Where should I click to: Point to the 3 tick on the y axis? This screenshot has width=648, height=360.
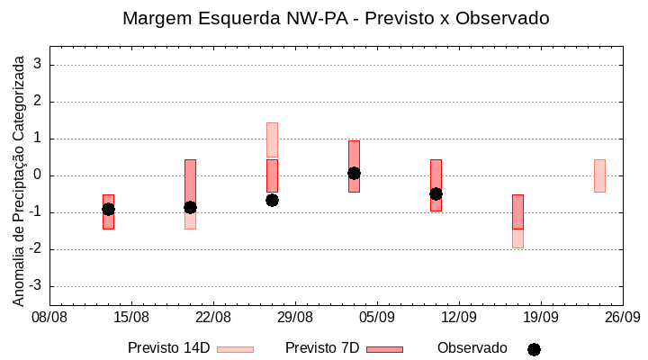(x=39, y=65)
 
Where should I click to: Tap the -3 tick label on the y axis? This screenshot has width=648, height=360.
(x=36, y=286)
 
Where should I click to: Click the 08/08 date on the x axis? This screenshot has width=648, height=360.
(x=49, y=317)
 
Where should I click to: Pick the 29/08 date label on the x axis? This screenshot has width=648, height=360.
(x=295, y=317)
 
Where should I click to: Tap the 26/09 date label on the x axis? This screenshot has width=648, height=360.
(x=622, y=317)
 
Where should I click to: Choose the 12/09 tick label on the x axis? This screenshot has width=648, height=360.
(x=459, y=317)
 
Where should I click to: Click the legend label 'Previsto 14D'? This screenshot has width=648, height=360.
(x=169, y=348)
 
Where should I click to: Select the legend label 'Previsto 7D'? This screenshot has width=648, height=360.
(x=322, y=348)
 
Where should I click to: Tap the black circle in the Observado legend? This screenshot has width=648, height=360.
(x=534, y=349)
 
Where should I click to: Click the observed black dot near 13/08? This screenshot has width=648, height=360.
(x=108, y=209)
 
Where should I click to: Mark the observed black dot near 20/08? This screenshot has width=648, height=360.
(x=190, y=207)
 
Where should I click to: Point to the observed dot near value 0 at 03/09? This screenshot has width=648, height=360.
(x=354, y=173)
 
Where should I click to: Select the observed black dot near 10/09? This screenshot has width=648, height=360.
(x=436, y=193)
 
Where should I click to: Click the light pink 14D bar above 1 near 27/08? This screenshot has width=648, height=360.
(x=272, y=139)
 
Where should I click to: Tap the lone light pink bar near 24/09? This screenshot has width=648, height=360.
(x=599, y=175)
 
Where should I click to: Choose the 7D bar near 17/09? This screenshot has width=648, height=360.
(x=517, y=211)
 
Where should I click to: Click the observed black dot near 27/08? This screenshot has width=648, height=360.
(x=272, y=200)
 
